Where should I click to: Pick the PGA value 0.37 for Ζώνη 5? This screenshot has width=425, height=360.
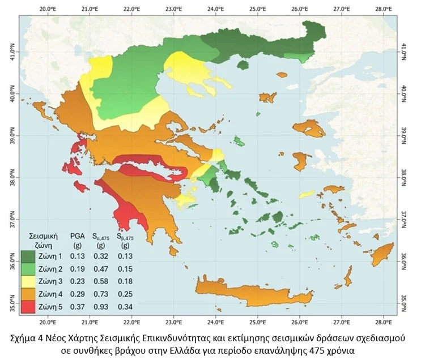77,307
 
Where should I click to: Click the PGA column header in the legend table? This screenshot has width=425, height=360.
77,235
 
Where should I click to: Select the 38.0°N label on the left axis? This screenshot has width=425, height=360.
10,177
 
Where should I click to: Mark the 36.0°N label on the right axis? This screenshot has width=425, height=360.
403,257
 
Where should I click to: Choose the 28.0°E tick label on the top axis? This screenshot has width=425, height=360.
383,9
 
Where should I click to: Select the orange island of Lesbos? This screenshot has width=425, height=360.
309,128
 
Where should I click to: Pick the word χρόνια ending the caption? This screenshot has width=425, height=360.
340,350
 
